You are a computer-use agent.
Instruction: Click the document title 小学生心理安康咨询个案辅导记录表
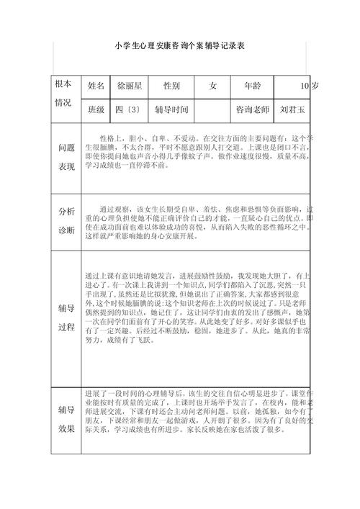180,45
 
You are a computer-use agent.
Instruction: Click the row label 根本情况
63,94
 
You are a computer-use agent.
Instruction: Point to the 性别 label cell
171,86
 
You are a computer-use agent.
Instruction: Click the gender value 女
212,86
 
